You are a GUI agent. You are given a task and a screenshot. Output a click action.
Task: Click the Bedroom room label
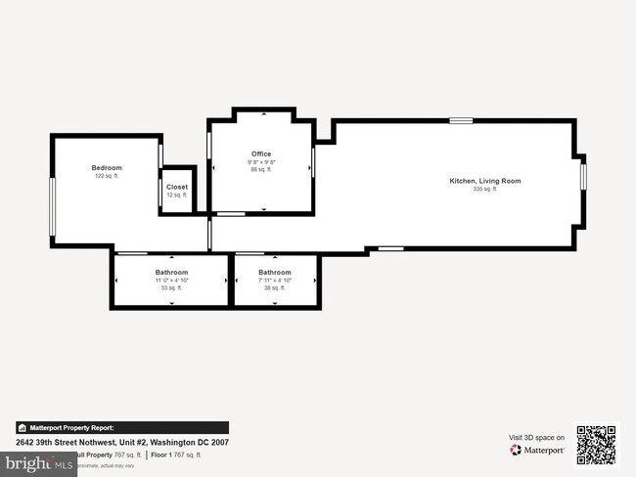(x=107, y=168)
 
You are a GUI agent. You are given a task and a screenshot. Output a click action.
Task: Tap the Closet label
(x=177, y=187)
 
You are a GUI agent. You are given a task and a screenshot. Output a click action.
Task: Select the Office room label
(x=261, y=153)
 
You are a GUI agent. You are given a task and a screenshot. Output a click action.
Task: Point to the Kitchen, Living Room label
(x=484, y=181)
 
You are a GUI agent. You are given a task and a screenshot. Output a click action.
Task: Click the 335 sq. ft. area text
(x=484, y=189)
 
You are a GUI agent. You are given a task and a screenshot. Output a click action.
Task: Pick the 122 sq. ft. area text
(x=107, y=176)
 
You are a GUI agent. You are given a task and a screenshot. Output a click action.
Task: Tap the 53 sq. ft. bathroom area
(x=171, y=288)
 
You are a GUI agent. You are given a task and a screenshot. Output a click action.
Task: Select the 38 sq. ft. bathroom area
(x=275, y=288)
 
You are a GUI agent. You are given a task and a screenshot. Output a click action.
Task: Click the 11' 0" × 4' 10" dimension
(x=171, y=281)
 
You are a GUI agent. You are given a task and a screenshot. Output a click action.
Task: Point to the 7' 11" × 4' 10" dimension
(x=275, y=281)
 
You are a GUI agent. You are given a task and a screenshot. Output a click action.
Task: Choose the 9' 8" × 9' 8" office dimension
(x=261, y=161)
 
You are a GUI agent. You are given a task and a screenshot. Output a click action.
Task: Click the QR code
(x=596, y=445)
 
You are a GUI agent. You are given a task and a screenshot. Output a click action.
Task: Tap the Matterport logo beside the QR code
(x=537, y=450)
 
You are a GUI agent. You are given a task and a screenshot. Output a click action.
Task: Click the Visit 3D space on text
(x=536, y=438)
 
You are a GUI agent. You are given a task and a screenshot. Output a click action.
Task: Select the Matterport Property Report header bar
(x=121, y=427)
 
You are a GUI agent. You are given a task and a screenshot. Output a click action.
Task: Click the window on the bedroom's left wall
(x=53, y=205)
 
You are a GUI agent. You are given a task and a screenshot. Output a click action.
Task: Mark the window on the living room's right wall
(x=583, y=174)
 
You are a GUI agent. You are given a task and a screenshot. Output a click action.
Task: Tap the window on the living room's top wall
(x=461, y=120)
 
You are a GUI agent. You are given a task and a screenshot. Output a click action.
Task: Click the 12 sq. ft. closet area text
(x=177, y=195)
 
